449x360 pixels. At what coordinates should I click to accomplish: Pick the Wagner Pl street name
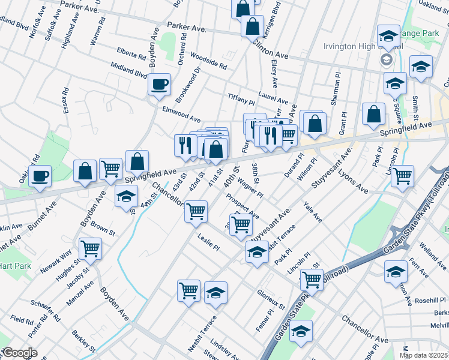point(250,186)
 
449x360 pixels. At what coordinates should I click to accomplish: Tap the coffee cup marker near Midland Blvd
point(160,85)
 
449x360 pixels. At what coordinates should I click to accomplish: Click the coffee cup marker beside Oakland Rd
point(40,176)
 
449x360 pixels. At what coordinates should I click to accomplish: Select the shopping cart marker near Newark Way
point(90,248)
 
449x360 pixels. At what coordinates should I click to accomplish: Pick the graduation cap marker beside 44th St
point(126,197)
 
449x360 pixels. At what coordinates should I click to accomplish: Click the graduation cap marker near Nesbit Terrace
point(216,293)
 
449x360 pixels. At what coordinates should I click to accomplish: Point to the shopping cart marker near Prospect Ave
point(241,224)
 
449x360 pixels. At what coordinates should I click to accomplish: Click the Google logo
point(19,353)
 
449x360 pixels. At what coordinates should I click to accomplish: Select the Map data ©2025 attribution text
point(423,355)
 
